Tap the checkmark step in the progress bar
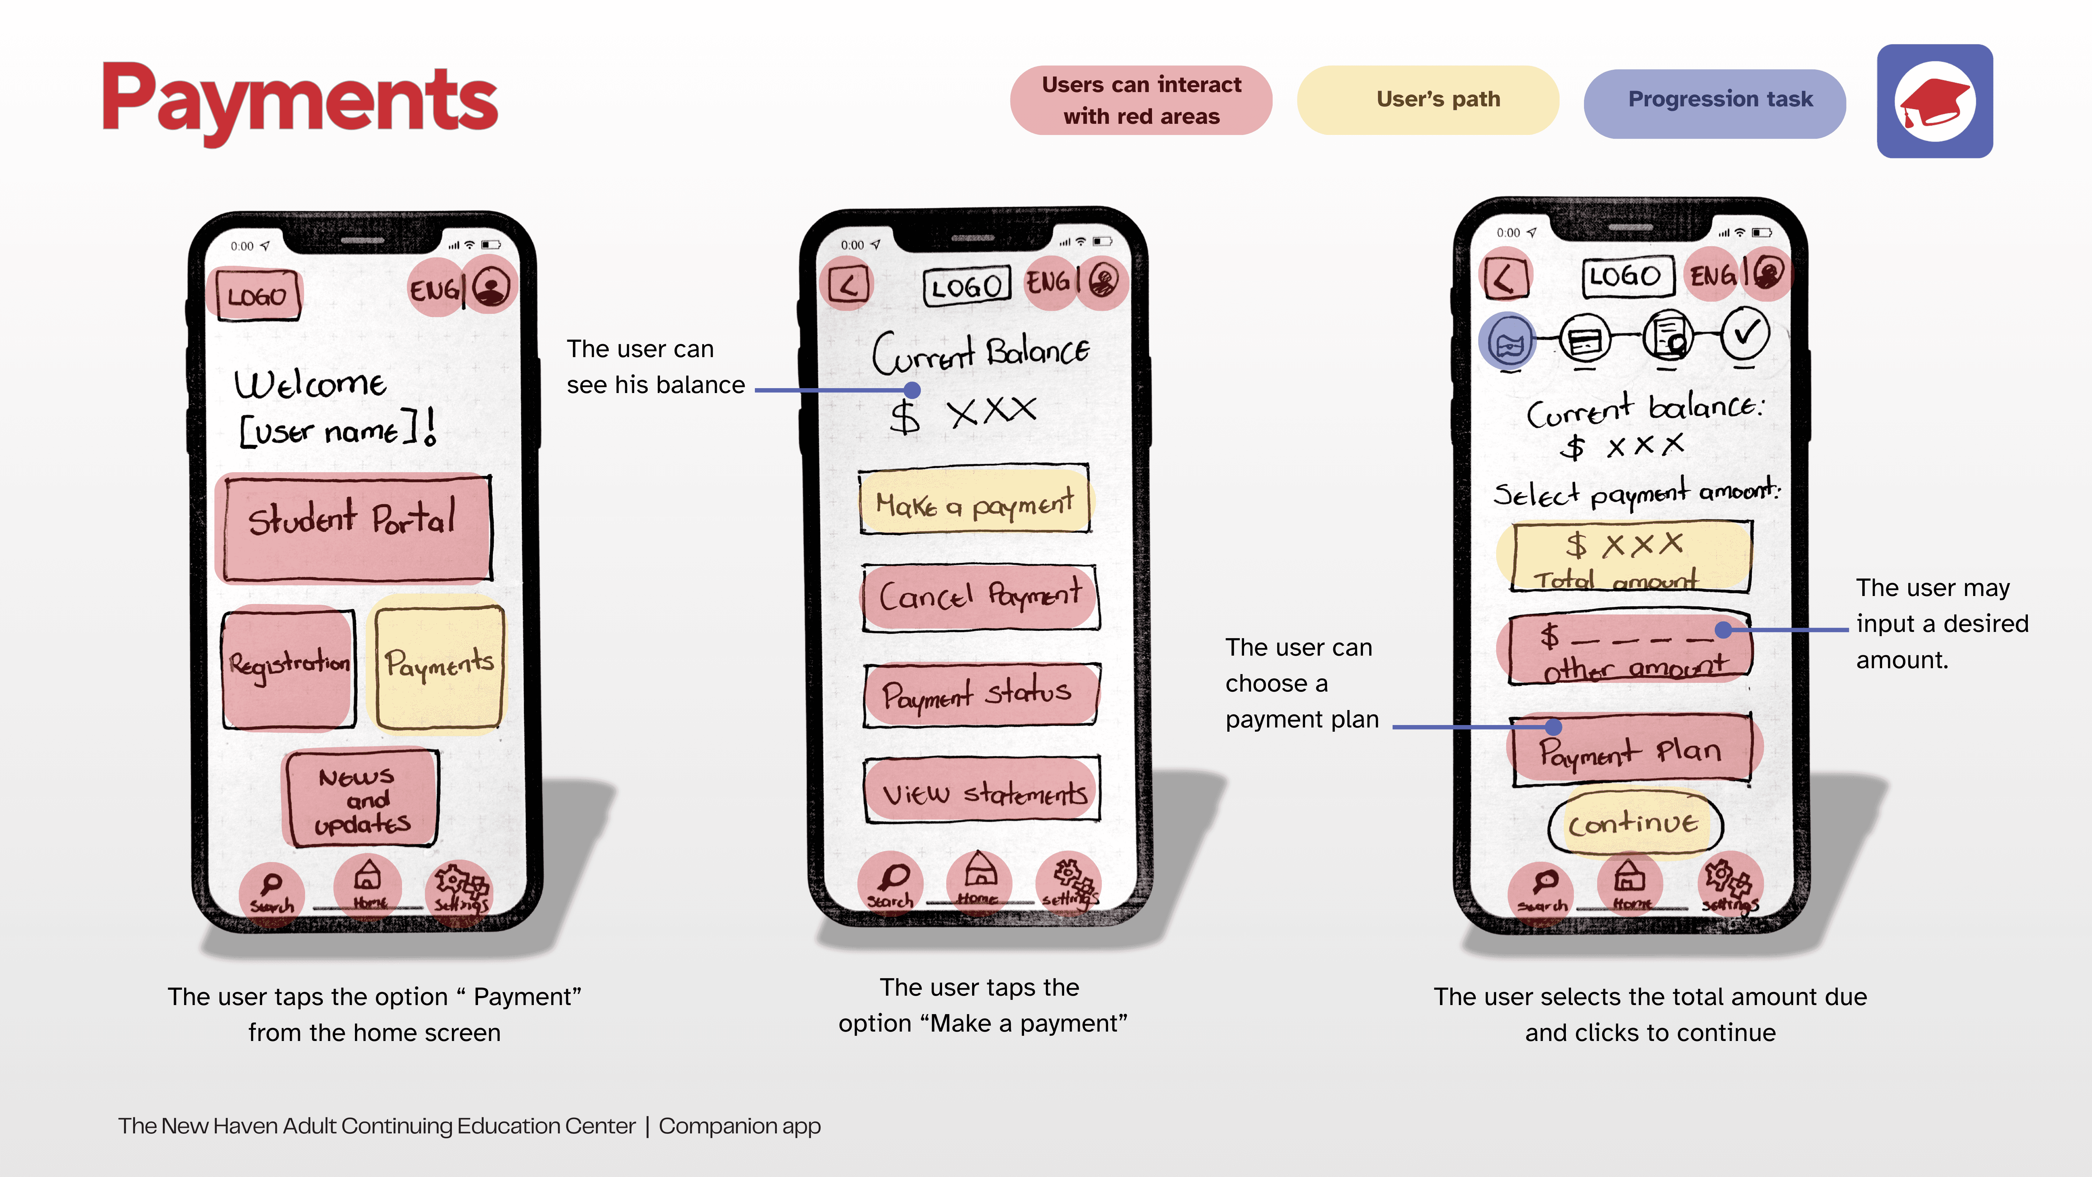click(1744, 333)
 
